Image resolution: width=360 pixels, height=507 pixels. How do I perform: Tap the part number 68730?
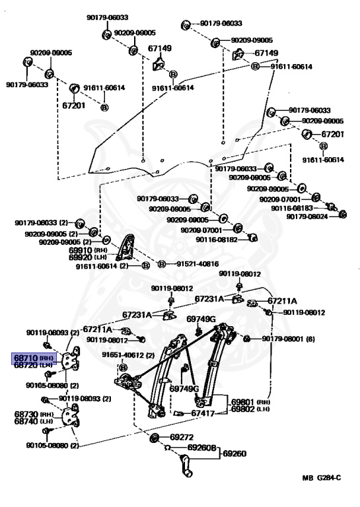click(26, 414)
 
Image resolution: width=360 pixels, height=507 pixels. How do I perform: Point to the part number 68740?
click(26, 421)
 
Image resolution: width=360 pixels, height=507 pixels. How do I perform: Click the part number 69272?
click(182, 437)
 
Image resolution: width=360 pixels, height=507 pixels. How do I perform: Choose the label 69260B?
click(201, 448)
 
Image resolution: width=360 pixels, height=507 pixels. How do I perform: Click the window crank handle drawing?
click(186, 465)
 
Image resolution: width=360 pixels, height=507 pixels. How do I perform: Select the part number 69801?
click(243, 402)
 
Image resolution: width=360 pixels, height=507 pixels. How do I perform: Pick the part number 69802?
click(243, 409)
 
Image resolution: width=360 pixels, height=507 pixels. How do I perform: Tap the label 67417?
click(203, 413)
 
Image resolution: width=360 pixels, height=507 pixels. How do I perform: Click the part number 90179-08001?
click(282, 339)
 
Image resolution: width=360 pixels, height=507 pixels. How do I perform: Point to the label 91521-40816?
click(198, 264)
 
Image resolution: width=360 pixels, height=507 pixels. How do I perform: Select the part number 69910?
click(81, 250)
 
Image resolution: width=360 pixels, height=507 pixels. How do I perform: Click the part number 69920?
click(81, 257)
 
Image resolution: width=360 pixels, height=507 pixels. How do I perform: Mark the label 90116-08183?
click(292, 209)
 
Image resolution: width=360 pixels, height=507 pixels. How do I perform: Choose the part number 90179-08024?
click(307, 217)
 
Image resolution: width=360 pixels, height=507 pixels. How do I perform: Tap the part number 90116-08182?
click(217, 240)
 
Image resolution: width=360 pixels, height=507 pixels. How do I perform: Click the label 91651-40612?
click(123, 355)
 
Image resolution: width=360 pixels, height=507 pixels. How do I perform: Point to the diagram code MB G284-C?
click(322, 477)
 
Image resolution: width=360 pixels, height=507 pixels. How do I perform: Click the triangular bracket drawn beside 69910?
click(126, 247)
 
